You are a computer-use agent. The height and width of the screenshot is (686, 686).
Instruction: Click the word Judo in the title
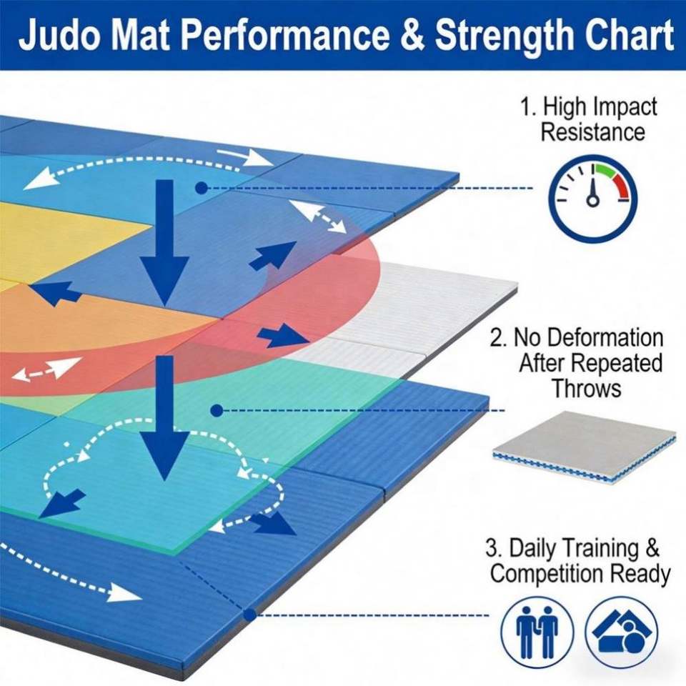[60, 36]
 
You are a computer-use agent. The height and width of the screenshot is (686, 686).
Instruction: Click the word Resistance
[592, 132]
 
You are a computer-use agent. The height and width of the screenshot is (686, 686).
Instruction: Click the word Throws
[586, 389]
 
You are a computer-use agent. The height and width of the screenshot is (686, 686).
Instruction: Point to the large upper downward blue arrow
[164, 243]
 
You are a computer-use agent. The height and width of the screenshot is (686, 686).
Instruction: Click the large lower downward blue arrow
[164, 422]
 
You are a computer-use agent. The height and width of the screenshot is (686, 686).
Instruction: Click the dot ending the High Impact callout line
[202, 188]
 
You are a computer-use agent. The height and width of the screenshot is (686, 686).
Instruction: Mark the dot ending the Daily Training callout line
[249, 615]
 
